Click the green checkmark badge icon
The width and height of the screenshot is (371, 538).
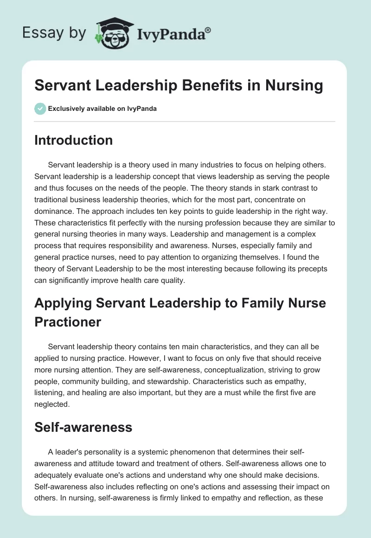40,109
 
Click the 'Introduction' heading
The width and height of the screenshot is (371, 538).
73,140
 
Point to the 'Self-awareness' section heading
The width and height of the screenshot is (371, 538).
83,427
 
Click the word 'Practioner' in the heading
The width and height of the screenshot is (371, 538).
68,321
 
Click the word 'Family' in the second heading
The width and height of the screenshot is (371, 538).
255,303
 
